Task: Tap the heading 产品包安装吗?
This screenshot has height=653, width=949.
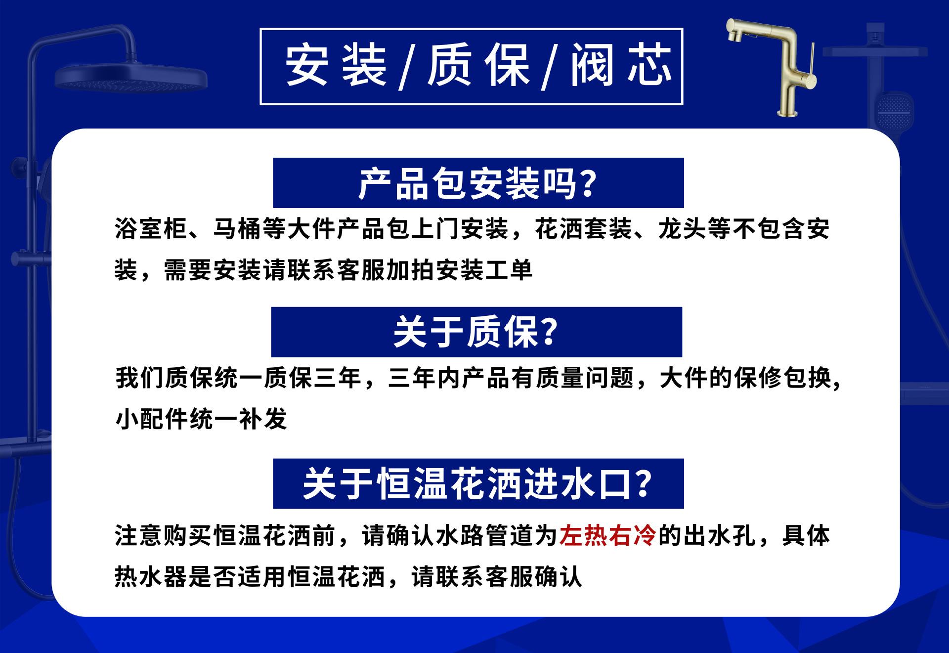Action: point(477,183)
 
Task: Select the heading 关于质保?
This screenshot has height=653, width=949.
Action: point(475,332)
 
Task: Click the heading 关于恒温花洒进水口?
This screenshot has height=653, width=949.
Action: point(477,484)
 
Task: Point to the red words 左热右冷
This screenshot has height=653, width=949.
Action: point(607,535)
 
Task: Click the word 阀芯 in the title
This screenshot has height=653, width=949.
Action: point(622,66)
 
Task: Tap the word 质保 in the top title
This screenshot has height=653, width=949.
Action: point(478,66)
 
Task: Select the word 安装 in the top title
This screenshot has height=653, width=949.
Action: point(336,66)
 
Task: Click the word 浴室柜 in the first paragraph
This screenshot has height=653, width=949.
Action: point(151,229)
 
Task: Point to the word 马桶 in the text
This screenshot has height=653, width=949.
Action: point(237,229)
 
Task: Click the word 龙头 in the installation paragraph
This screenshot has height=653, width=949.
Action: point(682,229)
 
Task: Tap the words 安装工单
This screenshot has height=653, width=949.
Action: point(484,270)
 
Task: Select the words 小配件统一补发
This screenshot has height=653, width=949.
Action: point(201,420)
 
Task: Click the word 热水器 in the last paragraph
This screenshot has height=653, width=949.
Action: point(151,576)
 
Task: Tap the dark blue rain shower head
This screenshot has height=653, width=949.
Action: point(130,79)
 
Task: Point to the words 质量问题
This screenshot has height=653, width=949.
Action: point(585,379)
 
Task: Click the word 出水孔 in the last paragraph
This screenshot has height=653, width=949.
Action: point(720,535)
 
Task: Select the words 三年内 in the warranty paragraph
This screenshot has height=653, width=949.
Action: point(424,379)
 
